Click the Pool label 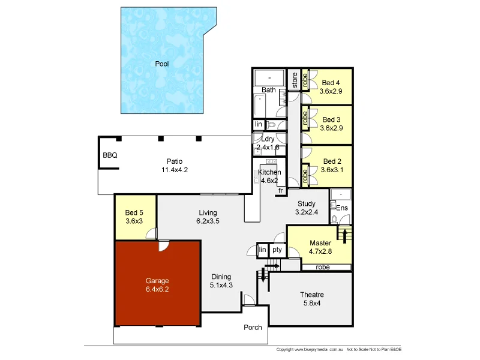click(x=161, y=64)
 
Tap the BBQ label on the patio click(x=110, y=155)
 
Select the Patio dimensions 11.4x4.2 click(x=175, y=170)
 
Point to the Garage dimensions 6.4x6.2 click(x=157, y=289)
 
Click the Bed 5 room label click(x=134, y=212)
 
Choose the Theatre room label click(x=312, y=295)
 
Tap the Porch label click(x=253, y=328)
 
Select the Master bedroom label click(x=320, y=243)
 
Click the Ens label click(x=342, y=208)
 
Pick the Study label click(x=306, y=204)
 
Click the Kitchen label click(x=269, y=173)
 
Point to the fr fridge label click(x=280, y=191)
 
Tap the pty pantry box click(x=277, y=250)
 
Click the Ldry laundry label click(x=268, y=139)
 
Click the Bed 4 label click(x=331, y=83)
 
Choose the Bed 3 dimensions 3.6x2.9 click(x=331, y=128)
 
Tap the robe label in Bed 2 click(x=305, y=176)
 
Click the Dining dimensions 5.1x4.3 click(x=221, y=286)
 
